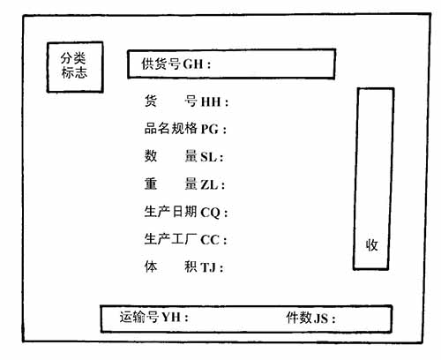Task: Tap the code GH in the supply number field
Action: point(193,64)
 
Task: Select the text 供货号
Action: point(161,64)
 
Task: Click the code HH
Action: point(211,101)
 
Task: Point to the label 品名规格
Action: point(170,128)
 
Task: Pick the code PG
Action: point(210,129)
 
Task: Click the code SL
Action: point(208,157)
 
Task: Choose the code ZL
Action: point(209,184)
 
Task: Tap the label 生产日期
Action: point(170,212)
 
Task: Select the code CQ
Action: point(211,213)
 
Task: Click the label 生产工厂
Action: point(170,239)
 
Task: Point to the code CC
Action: point(210,240)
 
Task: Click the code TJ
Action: point(208,267)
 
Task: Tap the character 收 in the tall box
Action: point(371,244)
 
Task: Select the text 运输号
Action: point(139,317)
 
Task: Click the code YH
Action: point(171,318)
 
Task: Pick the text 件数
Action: point(299,318)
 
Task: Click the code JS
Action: point(321,319)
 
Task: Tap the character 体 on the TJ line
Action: point(151,266)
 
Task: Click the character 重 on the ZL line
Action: point(151,184)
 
